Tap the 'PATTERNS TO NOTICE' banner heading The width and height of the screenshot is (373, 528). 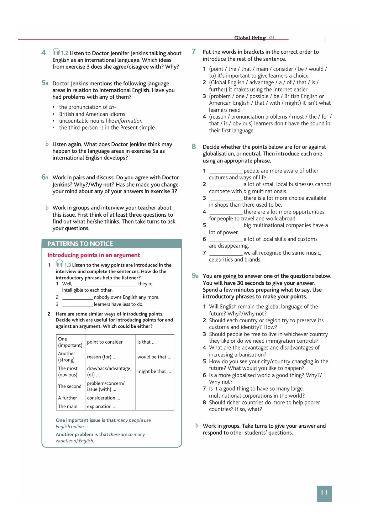pos(80,244)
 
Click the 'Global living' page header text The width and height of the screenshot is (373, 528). pos(250,38)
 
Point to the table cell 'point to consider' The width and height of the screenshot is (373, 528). pos(105,342)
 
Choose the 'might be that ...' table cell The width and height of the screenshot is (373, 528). pos(154,371)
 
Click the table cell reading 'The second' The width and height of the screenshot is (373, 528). pos(70,386)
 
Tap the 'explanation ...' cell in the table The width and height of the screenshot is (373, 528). pos(102,406)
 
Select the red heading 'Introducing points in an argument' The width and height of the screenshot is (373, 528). pos(94,255)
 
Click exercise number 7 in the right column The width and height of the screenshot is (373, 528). pos(194,51)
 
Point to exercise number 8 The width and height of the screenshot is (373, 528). pos(194,146)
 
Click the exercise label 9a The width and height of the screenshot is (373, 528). pos(195,276)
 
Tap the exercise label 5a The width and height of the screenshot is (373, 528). pos(45,83)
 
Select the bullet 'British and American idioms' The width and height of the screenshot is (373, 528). pos(92,114)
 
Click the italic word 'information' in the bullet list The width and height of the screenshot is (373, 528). pos(129,121)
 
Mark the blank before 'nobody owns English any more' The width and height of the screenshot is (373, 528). pos(77,298)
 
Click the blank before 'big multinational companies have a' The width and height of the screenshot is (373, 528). pos(226,226)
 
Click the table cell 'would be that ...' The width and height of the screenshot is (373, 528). pos(154,357)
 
